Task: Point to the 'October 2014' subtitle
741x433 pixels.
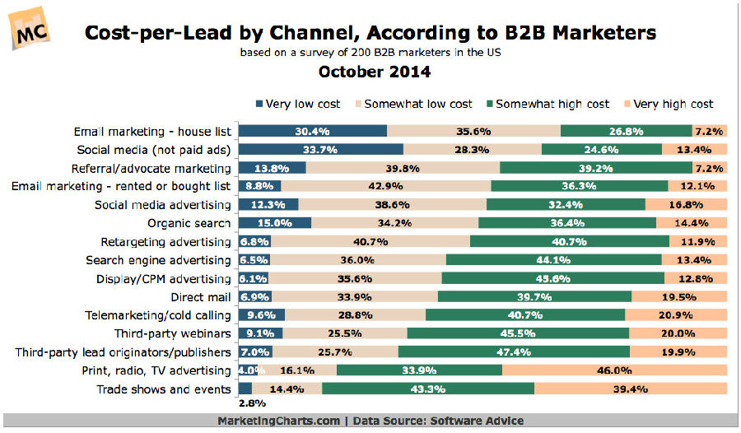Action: pyautogui.click(x=374, y=72)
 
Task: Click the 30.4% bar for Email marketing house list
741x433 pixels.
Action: pyautogui.click(x=312, y=131)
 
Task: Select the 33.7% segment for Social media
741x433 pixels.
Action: pyautogui.click(x=320, y=149)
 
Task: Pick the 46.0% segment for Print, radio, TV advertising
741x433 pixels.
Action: pyautogui.click(x=615, y=370)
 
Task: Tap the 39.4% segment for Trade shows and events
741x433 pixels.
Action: pyautogui.click(x=631, y=389)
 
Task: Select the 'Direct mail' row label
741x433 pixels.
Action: pyautogui.click(x=201, y=296)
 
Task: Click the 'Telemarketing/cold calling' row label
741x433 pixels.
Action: pyautogui.click(x=158, y=315)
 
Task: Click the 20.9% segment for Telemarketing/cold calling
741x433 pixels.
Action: pyautogui.click(x=676, y=315)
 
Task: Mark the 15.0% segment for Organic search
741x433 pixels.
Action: pyautogui.click(x=275, y=223)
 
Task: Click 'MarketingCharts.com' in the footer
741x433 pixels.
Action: pyautogui.click(x=278, y=421)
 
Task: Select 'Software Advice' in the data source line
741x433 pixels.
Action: pyautogui.click(x=476, y=421)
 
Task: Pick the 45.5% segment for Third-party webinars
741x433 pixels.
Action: pyautogui.click(x=518, y=333)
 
